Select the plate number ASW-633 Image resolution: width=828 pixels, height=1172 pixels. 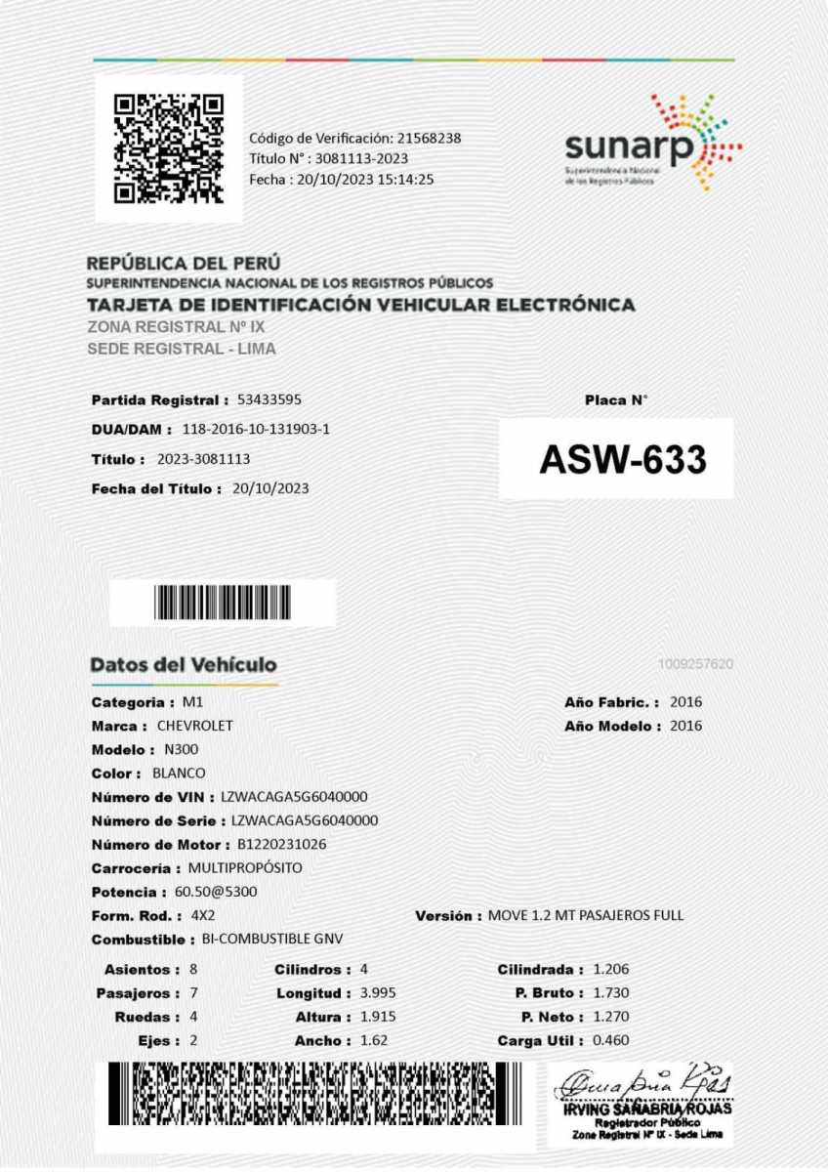coord(622,459)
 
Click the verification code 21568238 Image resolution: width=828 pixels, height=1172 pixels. coord(429,138)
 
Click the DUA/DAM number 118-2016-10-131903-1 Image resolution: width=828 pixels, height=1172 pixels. coord(256,429)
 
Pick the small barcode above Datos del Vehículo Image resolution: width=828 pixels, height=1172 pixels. coord(222,603)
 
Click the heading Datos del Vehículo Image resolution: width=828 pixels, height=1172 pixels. coord(184,665)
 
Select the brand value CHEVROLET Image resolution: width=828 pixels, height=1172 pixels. coord(194,726)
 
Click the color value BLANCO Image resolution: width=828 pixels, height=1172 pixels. coord(180,773)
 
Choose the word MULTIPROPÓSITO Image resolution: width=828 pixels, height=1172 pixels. coord(245,867)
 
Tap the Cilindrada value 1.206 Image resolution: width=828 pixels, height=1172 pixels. coord(611,970)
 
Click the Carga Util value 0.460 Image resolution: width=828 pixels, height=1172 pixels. coord(611,1041)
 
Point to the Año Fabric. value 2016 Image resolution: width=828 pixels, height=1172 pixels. coord(685,702)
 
